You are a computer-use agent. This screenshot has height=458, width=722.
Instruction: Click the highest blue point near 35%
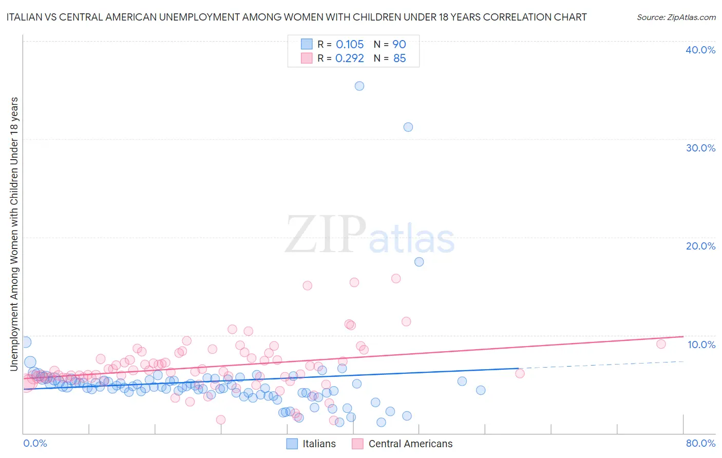pyautogui.click(x=359, y=86)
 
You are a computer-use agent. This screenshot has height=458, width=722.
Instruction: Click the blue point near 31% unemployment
pyautogui.click(x=408, y=127)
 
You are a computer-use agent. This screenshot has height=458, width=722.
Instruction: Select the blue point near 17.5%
pyautogui.click(x=419, y=262)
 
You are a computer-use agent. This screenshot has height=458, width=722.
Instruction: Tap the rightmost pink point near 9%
pyautogui.click(x=661, y=344)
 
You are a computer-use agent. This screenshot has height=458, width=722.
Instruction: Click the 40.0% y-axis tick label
pyautogui.click(x=700, y=50)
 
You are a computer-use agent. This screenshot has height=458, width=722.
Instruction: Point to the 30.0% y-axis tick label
pyautogui.click(x=700, y=148)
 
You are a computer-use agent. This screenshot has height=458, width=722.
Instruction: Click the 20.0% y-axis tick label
pyautogui.click(x=700, y=246)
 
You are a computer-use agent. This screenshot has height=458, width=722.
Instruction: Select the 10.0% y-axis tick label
pyautogui.click(x=701, y=345)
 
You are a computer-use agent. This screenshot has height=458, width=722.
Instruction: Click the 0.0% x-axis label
pyautogui.click(x=35, y=443)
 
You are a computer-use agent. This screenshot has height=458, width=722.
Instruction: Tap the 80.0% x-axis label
pyautogui.click(x=700, y=443)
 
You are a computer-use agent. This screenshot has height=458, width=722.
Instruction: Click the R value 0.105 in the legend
pyautogui.click(x=350, y=45)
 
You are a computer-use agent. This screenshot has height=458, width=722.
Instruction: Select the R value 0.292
pyautogui.click(x=350, y=59)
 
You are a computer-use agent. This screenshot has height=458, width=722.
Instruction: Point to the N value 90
pyautogui.click(x=399, y=45)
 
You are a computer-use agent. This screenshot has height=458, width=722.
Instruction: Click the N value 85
pyautogui.click(x=399, y=59)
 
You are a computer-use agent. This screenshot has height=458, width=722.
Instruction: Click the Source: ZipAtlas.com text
pyautogui.click(x=676, y=17)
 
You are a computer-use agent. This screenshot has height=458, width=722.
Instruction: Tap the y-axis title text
pyautogui.click(x=14, y=234)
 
